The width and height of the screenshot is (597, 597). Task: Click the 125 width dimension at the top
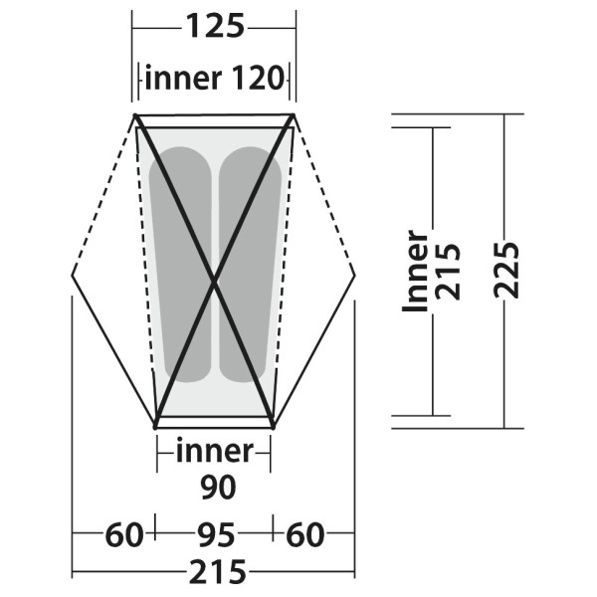pyautogui.click(x=213, y=27)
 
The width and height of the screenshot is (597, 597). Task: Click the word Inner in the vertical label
pyautogui.click(x=415, y=271)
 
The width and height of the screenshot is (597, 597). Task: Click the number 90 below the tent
pyautogui.click(x=214, y=488)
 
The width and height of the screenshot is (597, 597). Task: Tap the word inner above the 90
pyautogui.click(x=214, y=452)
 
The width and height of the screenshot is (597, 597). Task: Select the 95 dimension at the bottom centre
pyautogui.click(x=214, y=536)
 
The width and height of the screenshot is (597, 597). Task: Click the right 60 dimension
pyautogui.click(x=304, y=536)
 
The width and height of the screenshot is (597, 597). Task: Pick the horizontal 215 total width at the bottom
pyautogui.click(x=214, y=573)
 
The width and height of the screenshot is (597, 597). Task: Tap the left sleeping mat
pyautogui.click(x=180, y=264)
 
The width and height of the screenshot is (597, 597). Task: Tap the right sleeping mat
pyautogui.click(x=249, y=264)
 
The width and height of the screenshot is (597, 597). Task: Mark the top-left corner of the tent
pyautogui.click(x=137, y=117)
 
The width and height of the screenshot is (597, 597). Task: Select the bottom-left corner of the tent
pyautogui.click(x=156, y=426)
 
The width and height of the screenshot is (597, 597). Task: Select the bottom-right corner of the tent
pyautogui.click(x=273, y=426)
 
